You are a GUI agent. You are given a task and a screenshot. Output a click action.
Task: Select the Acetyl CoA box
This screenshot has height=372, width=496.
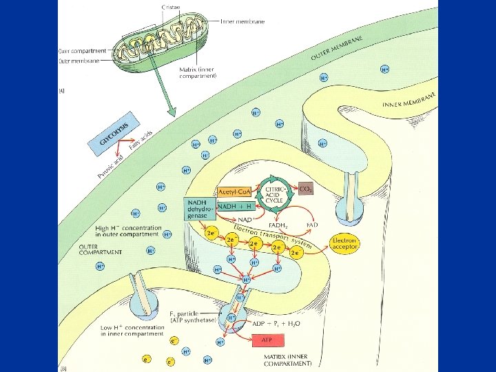pos(234,192)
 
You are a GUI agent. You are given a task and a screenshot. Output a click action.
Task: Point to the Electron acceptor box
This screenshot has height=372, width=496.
pos(344,243)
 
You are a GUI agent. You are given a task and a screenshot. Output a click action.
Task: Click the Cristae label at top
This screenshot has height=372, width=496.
pos(170,6)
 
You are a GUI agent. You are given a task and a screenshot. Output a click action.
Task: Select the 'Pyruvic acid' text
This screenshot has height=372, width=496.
pos(109,165)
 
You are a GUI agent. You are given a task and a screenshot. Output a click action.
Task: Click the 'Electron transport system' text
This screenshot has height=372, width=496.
pos(273,236)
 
